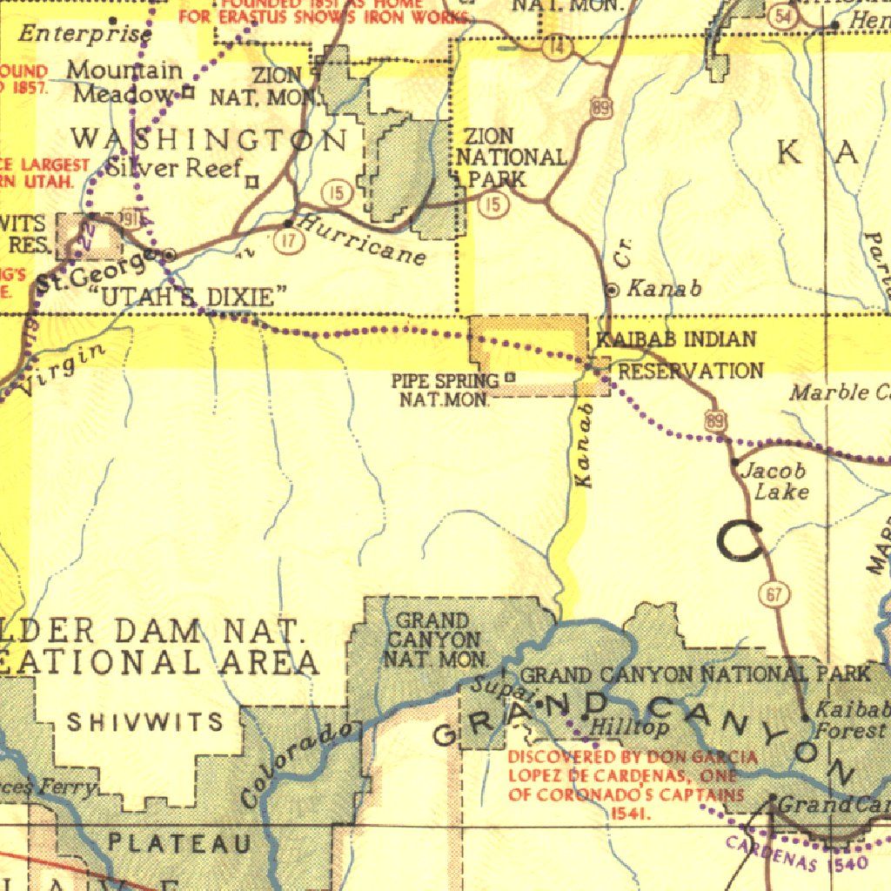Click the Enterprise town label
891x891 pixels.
84,35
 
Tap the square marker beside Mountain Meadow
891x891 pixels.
187,91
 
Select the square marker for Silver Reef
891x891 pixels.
251,182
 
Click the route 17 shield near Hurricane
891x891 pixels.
289,243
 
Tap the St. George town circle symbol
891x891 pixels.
170,255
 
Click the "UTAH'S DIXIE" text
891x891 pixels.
188,297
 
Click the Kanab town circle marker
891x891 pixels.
613,290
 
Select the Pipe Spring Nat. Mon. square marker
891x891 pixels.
510,378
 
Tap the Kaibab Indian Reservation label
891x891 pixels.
679,355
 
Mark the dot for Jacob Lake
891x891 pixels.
735,461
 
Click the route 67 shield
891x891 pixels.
774,594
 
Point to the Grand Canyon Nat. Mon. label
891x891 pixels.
432,640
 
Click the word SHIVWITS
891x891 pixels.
145,722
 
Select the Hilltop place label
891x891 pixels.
630,727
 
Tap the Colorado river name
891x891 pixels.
298,762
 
